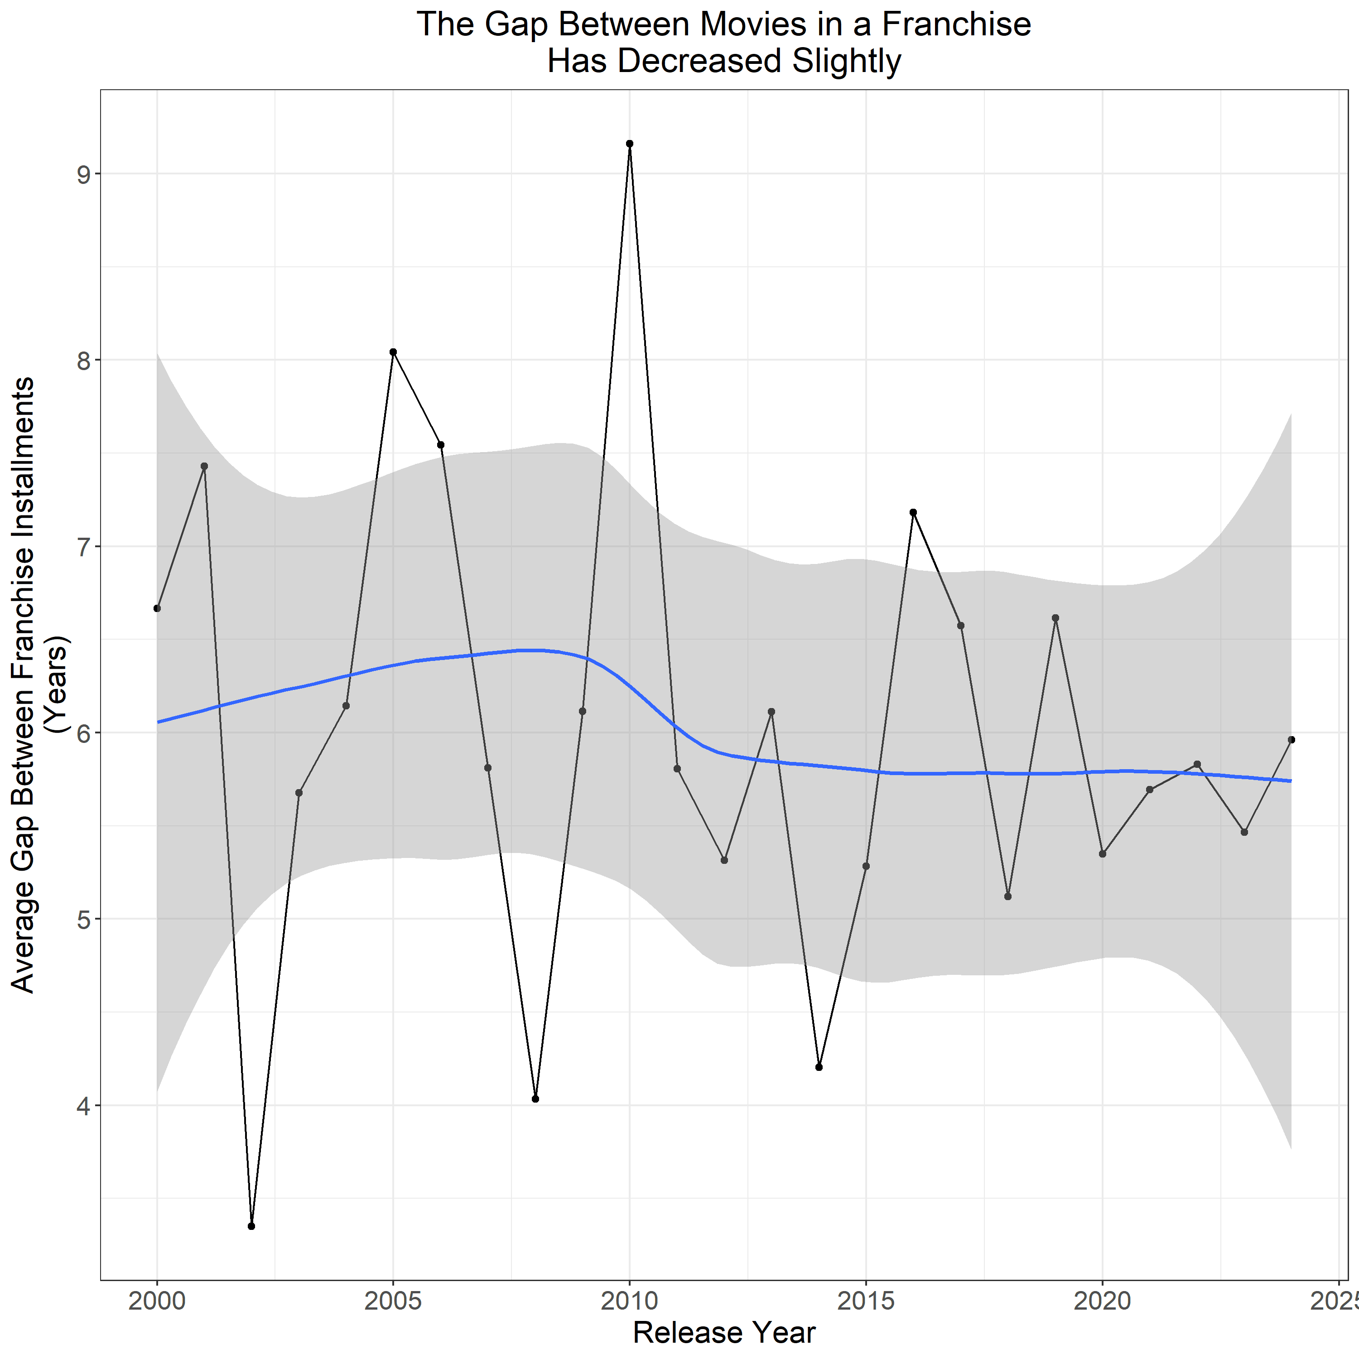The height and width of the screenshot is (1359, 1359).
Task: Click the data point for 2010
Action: [x=630, y=144]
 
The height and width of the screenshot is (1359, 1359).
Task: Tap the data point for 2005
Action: [x=393, y=352]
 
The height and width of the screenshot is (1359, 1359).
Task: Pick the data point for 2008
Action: [x=535, y=1099]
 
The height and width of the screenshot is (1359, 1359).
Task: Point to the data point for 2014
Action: [x=819, y=1067]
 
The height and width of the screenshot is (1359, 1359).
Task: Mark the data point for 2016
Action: [x=913, y=512]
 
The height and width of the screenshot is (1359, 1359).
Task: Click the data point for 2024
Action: [x=1292, y=739]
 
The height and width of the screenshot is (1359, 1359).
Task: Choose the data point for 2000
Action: [x=157, y=608]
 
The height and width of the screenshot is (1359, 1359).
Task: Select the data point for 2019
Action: [x=1055, y=617]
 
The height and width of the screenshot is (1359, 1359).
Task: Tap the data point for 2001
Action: [x=204, y=466]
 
